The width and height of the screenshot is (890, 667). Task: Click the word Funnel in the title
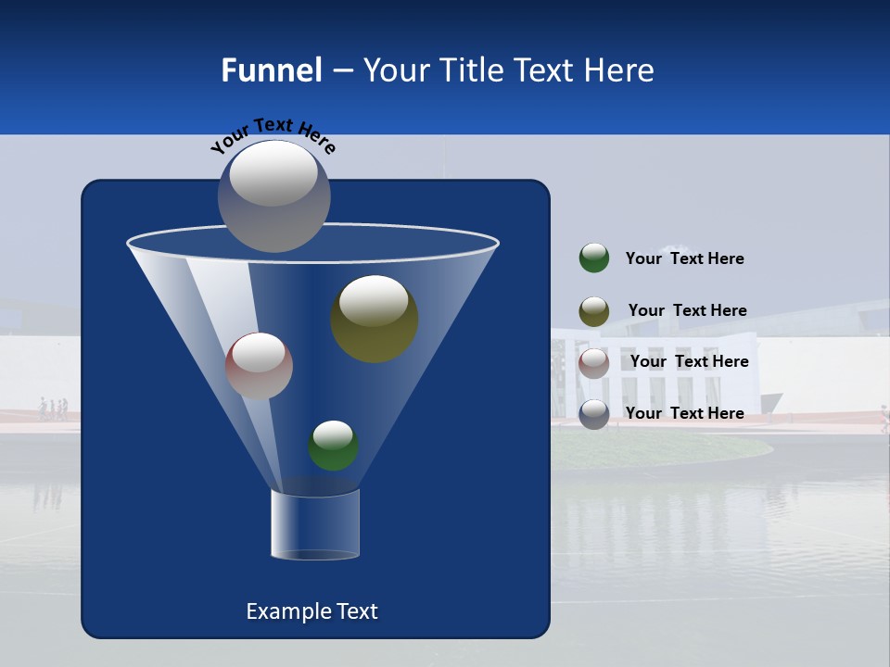point(271,70)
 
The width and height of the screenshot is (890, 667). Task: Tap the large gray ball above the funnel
point(273,195)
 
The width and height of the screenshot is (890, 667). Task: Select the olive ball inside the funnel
point(374,319)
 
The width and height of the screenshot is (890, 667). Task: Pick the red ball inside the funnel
point(259,366)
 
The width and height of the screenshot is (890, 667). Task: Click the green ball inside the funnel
point(333,446)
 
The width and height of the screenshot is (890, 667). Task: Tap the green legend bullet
point(594,258)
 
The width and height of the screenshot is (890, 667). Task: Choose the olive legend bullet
point(594,311)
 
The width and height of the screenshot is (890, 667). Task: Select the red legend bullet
point(594,363)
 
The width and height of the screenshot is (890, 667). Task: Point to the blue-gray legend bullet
point(594,414)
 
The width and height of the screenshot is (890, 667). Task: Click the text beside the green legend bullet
point(684,258)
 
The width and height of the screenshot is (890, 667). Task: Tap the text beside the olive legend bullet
point(687,310)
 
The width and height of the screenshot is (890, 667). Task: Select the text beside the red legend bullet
point(689,361)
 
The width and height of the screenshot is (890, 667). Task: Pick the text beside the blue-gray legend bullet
point(684,413)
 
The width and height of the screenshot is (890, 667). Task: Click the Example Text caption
point(311,611)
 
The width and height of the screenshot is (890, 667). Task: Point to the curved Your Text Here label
point(273,134)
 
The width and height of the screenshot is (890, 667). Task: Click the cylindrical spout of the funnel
point(315,525)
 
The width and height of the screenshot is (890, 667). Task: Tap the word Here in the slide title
point(620,70)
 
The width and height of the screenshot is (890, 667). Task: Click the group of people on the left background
point(53,409)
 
